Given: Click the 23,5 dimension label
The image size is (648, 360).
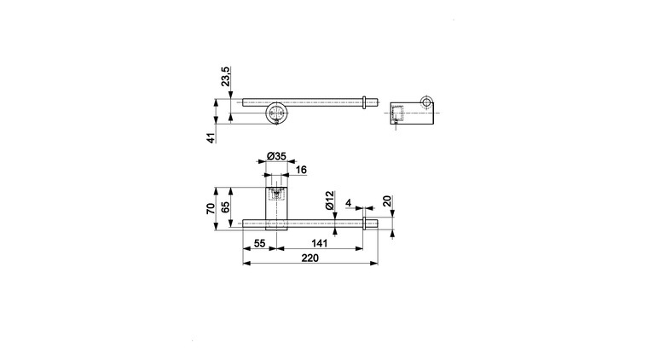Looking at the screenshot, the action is tap(226, 77).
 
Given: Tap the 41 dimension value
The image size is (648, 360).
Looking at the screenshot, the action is tap(211, 138).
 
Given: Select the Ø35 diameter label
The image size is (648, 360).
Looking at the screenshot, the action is tap(276, 156).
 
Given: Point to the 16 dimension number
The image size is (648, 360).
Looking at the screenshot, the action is tap(301, 170).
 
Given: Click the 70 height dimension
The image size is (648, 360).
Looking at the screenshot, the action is tap(211, 208).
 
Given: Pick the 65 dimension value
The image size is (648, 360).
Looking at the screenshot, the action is tap(226, 207).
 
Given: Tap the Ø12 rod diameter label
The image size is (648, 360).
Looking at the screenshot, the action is tap(329, 200).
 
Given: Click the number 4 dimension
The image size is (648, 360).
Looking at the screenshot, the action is tap(349, 203).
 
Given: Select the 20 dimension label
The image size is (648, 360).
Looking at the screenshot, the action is tap(387, 201).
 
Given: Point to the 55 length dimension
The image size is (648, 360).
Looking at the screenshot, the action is tap(259, 243).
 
